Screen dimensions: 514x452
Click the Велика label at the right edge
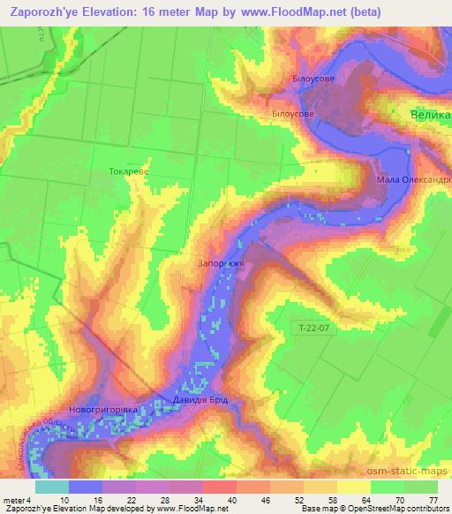(432, 115)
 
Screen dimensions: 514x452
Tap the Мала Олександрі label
(413, 179)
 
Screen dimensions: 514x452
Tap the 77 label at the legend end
(433, 501)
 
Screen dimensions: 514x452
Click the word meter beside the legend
(14, 501)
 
